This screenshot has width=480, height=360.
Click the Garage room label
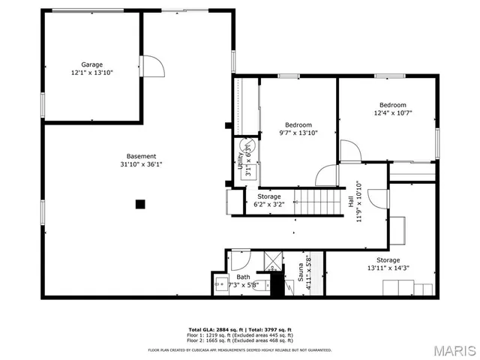tap(92, 69)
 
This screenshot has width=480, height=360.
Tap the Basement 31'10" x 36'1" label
tap(141, 160)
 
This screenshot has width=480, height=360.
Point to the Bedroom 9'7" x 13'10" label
tap(298, 128)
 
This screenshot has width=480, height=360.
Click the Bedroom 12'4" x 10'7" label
tap(392, 109)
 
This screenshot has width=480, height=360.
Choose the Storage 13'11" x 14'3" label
tap(386, 263)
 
